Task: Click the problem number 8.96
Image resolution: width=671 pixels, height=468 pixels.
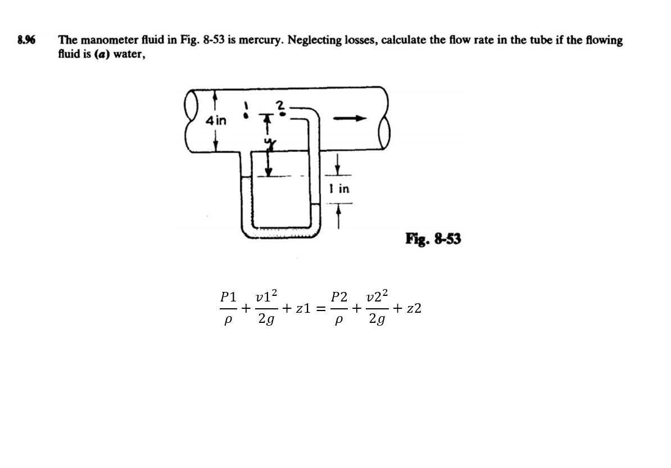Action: coord(26,40)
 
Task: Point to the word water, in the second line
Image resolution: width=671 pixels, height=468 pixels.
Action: coord(130,56)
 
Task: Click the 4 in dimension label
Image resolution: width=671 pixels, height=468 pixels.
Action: coord(216,120)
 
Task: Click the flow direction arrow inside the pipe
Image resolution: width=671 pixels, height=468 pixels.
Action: coord(350,119)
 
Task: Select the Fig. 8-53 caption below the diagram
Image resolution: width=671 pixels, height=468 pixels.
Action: coord(433,239)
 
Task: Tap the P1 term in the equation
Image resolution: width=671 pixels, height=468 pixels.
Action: coord(229,296)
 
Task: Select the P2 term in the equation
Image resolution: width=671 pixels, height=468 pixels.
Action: coord(339,296)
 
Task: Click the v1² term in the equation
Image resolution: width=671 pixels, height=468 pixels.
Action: coord(266,296)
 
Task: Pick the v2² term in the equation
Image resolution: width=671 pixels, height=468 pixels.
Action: coord(377,296)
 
